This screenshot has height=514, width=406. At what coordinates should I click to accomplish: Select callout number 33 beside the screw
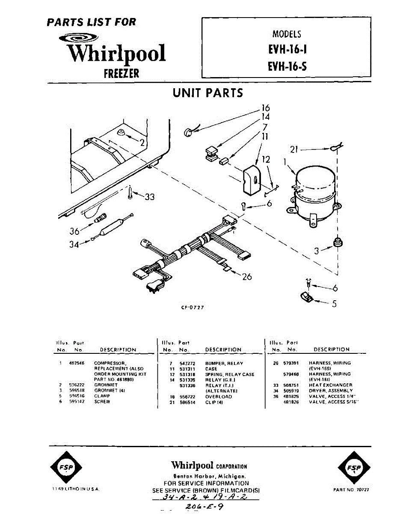pyautogui.click(x=149, y=197)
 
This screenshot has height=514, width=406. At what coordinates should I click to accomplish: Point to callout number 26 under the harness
pyautogui.click(x=247, y=277)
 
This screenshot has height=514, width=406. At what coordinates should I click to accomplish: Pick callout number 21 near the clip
pyautogui.click(x=294, y=149)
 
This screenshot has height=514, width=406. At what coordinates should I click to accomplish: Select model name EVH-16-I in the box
pyautogui.click(x=287, y=50)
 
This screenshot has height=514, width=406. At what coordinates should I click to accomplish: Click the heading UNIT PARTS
pyautogui.click(x=208, y=93)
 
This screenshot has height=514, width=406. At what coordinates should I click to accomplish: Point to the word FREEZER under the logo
pyautogui.click(x=122, y=73)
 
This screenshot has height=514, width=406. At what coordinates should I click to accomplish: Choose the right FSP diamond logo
pyautogui.click(x=353, y=468)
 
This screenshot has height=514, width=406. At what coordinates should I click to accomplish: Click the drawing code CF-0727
pyautogui.click(x=193, y=308)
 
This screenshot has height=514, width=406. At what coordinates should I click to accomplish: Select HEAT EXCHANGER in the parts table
pyautogui.click(x=331, y=385)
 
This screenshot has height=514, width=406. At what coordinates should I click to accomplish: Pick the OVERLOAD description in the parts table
pyautogui.click(x=219, y=397)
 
